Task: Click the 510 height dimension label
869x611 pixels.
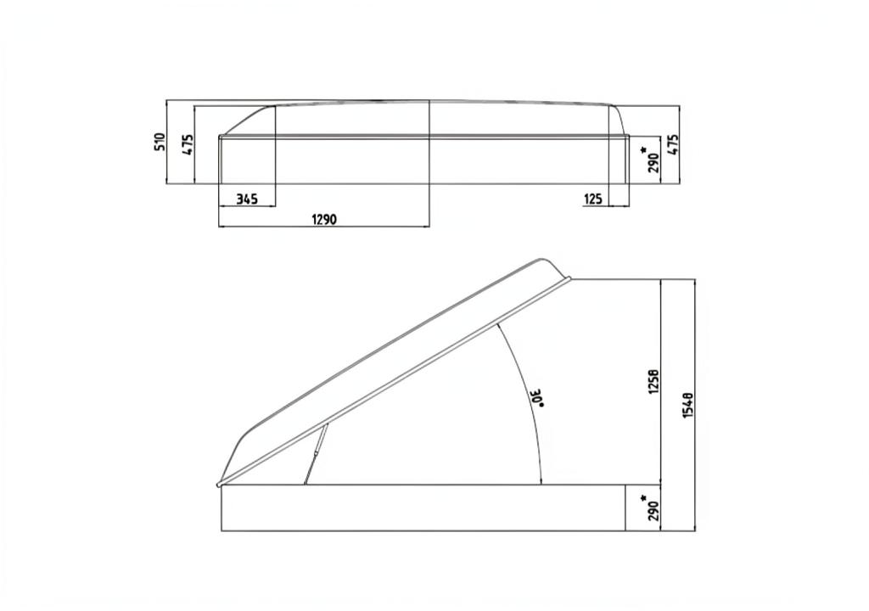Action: pos(160,142)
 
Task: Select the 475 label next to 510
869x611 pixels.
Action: pos(188,144)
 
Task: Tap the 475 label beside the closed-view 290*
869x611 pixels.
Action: pos(673,145)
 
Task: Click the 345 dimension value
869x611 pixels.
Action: pos(247,199)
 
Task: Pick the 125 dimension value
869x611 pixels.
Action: pos(592,199)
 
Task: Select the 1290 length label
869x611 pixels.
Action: pos(324,219)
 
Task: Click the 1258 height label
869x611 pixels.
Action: pos(654,381)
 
